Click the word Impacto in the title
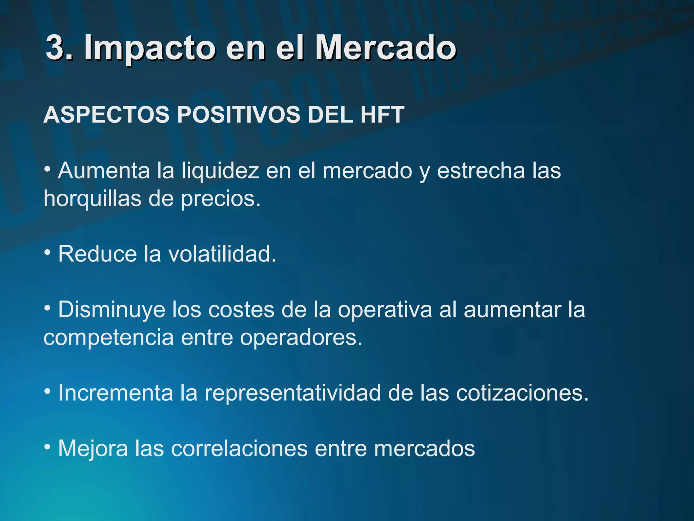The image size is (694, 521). [x=149, y=49]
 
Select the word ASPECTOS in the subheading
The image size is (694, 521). [x=106, y=115]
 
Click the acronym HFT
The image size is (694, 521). [x=382, y=115]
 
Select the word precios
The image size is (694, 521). [x=220, y=198]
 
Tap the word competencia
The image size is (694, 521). [x=108, y=337]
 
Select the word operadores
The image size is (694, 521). [x=301, y=337]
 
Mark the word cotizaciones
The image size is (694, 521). [x=522, y=393]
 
